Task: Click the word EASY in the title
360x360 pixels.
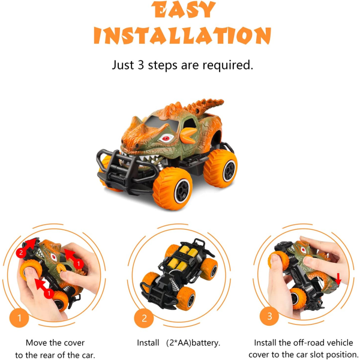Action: (x=183, y=10)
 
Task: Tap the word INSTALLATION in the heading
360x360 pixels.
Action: (x=182, y=35)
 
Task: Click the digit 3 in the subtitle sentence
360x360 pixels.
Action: (x=141, y=65)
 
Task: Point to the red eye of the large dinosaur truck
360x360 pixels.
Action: (x=166, y=138)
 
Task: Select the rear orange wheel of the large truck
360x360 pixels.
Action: (x=220, y=168)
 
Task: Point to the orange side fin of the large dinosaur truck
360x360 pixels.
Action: (x=188, y=136)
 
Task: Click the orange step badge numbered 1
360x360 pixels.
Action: (x=19, y=318)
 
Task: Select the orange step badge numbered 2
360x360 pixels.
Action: (x=144, y=318)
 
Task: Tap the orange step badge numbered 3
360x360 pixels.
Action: (x=269, y=316)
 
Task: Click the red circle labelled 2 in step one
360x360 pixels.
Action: (x=21, y=253)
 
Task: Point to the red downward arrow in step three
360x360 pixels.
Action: (x=338, y=278)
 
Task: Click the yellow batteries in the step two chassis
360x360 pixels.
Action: (x=183, y=258)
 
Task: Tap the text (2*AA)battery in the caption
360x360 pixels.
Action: (x=193, y=343)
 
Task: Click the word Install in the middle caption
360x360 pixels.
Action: (x=148, y=343)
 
